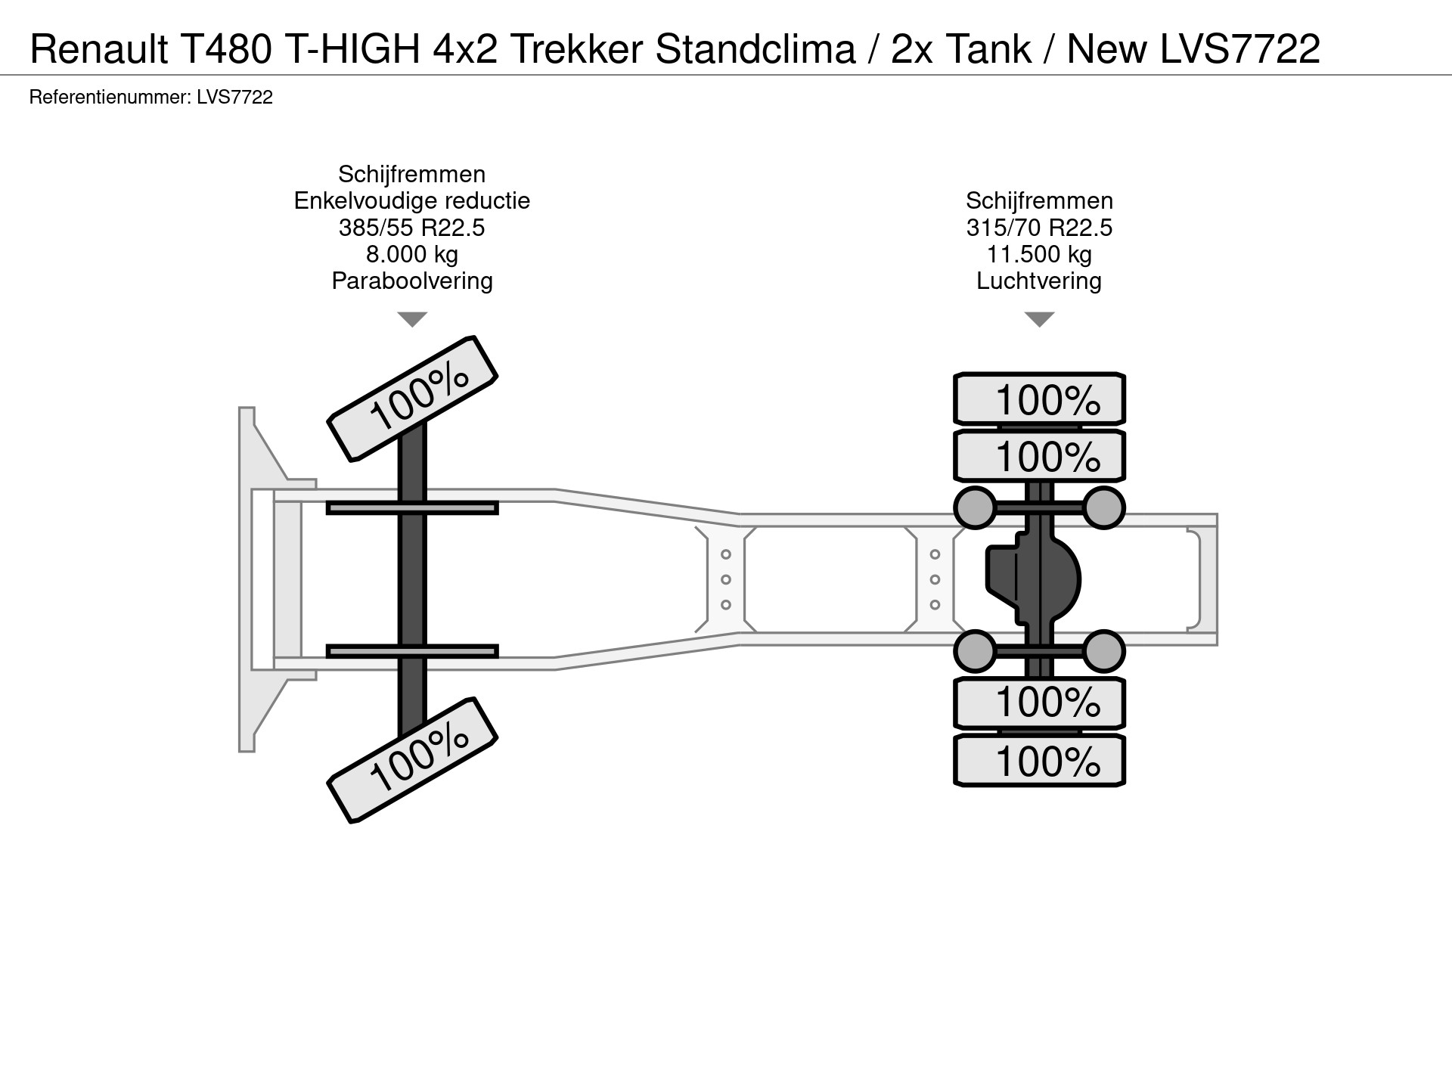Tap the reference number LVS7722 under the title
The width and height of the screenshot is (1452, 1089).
click(x=234, y=98)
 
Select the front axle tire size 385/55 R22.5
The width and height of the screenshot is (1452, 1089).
click(x=412, y=228)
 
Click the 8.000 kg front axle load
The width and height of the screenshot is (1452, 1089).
click(x=412, y=254)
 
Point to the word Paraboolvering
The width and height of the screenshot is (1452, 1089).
click(x=412, y=281)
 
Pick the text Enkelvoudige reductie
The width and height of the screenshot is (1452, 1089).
click(x=412, y=201)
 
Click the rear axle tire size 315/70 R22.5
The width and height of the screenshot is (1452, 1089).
click(x=1039, y=228)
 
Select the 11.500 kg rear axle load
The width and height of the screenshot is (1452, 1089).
click(x=1039, y=254)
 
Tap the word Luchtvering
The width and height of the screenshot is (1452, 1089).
click(x=1039, y=281)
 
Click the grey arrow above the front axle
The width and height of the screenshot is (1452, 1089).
click(x=412, y=319)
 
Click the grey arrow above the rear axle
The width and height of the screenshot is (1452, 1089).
click(x=1039, y=319)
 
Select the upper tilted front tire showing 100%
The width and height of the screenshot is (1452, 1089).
click(x=412, y=399)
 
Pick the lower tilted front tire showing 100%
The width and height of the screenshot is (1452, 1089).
click(x=412, y=760)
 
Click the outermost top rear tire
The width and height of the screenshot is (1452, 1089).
click(x=1039, y=399)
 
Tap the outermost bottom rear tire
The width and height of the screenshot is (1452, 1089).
click(x=1039, y=761)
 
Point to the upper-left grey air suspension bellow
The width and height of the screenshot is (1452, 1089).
click(x=976, y=507)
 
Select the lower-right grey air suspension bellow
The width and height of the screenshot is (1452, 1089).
click(x=1103, y=651)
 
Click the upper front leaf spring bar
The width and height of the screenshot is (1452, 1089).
click(x=412, y=507)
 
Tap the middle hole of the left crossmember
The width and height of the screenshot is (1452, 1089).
click(x=725, y=579)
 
